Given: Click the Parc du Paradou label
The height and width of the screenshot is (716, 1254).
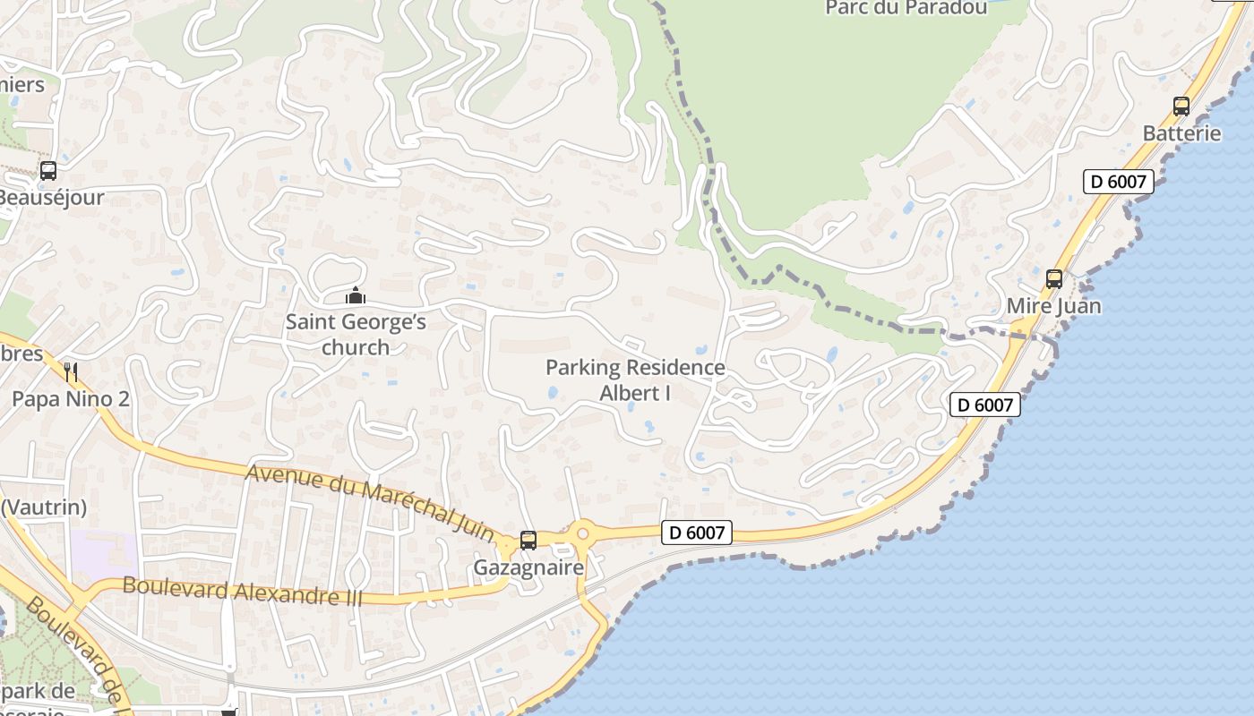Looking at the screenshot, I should pyautogui.click(x=906, y=8).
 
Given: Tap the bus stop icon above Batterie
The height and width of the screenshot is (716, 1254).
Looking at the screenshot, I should pyautogui.click(x=1181, y=107).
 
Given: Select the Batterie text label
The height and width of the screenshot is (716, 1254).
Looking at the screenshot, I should pyautogui.click(x=1181, y=133).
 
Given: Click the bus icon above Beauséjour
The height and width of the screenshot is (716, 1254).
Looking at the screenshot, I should pyautogui.click(x=48, y=171).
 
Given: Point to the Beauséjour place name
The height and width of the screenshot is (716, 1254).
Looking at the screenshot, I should pyautogui.click(x=52, y=198).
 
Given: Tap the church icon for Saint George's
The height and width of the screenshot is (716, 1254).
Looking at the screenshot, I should pyautogui.click(x=356, y=295).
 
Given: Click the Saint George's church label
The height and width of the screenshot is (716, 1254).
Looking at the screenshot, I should pyautogui.click(x=356, y=334).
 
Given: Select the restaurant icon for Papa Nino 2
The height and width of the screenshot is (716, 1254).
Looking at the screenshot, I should pyautogui.click(x=72, y=372).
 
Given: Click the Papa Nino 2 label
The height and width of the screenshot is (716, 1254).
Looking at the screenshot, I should pyautogui.click(x=71, y=399).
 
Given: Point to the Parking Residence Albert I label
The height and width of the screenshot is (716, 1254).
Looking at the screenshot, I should pyautogui.click(x=635, y=379).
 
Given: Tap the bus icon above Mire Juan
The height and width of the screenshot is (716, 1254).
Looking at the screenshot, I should pyautogui.click(x=1054, y=279).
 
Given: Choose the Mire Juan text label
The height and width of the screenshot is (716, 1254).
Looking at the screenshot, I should pyautogui.click(x=1054, y=306).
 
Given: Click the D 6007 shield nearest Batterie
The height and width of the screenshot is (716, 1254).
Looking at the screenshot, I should pyautogui.click(x=1118, y=182).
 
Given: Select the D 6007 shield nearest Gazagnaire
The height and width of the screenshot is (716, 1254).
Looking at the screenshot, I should pyautogui.click(x=698, y=533).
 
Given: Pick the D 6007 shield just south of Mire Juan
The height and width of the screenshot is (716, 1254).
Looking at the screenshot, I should pyautogui.click(x=985, y=405).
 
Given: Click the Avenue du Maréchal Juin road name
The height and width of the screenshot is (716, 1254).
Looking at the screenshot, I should pyautogui.click(x=370, y=501).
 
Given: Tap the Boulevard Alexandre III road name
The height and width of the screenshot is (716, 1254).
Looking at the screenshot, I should pyautogui.click(x=242, y=591).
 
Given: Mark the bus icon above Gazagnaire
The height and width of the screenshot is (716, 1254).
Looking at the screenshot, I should pyautogui.click(x=528, y=541).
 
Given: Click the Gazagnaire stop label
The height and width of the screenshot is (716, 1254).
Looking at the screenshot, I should pyautogui.click(x=528, y=567).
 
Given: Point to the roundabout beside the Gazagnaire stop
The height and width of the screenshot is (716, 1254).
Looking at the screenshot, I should pyautogui.click(x=582, y=534).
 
